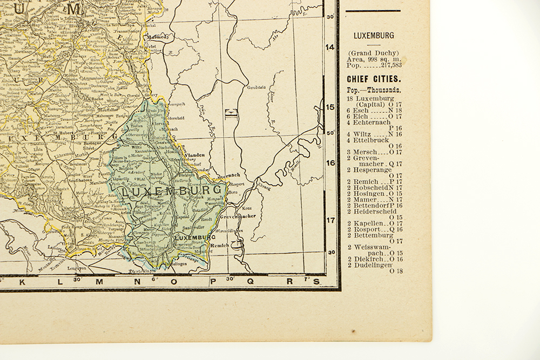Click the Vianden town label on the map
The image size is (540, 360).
pyautogui.click(x=195, y=154)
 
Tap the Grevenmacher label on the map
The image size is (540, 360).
pyautogui.click(x=238, y=216)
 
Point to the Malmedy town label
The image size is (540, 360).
pyautogui.click(x=158, y=37)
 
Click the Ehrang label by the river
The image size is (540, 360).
pyautogui.click(x=264, y=187)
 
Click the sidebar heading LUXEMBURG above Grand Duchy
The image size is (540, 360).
pyautogui.click(x=374, y=36)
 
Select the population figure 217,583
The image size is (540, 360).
pyautogui.click(x=390, y=65)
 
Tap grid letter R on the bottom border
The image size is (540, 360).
pyautogui.click(x=289, y=281)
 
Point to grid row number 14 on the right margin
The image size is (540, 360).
pyautogui.click(x=330, y=47)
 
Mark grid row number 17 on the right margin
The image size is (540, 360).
pyautogui.click(x=330, y=220)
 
